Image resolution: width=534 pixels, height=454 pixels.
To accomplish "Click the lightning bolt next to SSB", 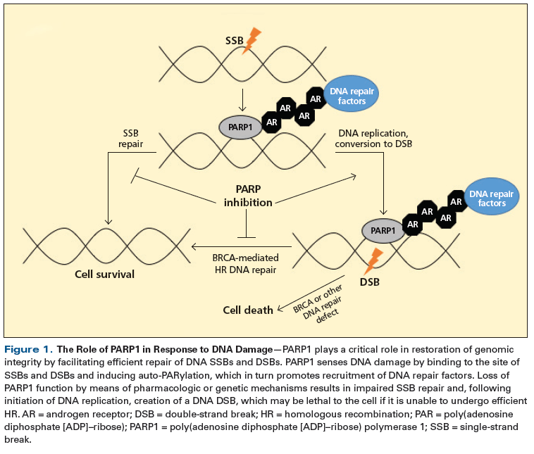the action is (x=252, y=41).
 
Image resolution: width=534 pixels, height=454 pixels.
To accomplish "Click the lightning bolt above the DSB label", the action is (x=373, y=261).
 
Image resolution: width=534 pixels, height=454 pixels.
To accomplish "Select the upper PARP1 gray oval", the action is (x=240, y=127).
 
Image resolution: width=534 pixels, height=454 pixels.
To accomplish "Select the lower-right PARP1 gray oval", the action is (x=383, y=231).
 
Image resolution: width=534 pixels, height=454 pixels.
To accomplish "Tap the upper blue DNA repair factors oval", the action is (x=352, y=94).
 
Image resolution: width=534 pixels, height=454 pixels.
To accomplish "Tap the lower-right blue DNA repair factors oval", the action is (x=492, y=196).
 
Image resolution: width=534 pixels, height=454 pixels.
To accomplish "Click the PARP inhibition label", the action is (x=248, y=196).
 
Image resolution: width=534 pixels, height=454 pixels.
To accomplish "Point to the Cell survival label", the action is (x=104, y=275).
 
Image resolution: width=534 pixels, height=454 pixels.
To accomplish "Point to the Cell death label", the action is (x=248, y=310).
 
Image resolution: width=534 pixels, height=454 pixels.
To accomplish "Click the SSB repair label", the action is (x=130, y=139).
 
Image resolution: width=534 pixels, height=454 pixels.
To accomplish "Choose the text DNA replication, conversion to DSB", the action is (x=373, y=139).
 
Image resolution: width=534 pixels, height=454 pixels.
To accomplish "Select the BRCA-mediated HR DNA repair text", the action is (x=246, y=264).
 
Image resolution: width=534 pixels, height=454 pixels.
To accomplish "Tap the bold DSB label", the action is (x=370, y=282).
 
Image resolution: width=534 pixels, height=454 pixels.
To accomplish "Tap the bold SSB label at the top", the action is (x=235, y=41).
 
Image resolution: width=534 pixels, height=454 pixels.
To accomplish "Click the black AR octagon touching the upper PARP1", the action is (x=271, y=122).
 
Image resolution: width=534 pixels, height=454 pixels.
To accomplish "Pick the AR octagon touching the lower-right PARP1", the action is (x=412, y=225).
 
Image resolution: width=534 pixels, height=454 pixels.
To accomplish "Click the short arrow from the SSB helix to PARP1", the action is (x=242, y=100).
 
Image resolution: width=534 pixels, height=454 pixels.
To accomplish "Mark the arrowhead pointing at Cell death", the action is (x=280, y=309).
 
